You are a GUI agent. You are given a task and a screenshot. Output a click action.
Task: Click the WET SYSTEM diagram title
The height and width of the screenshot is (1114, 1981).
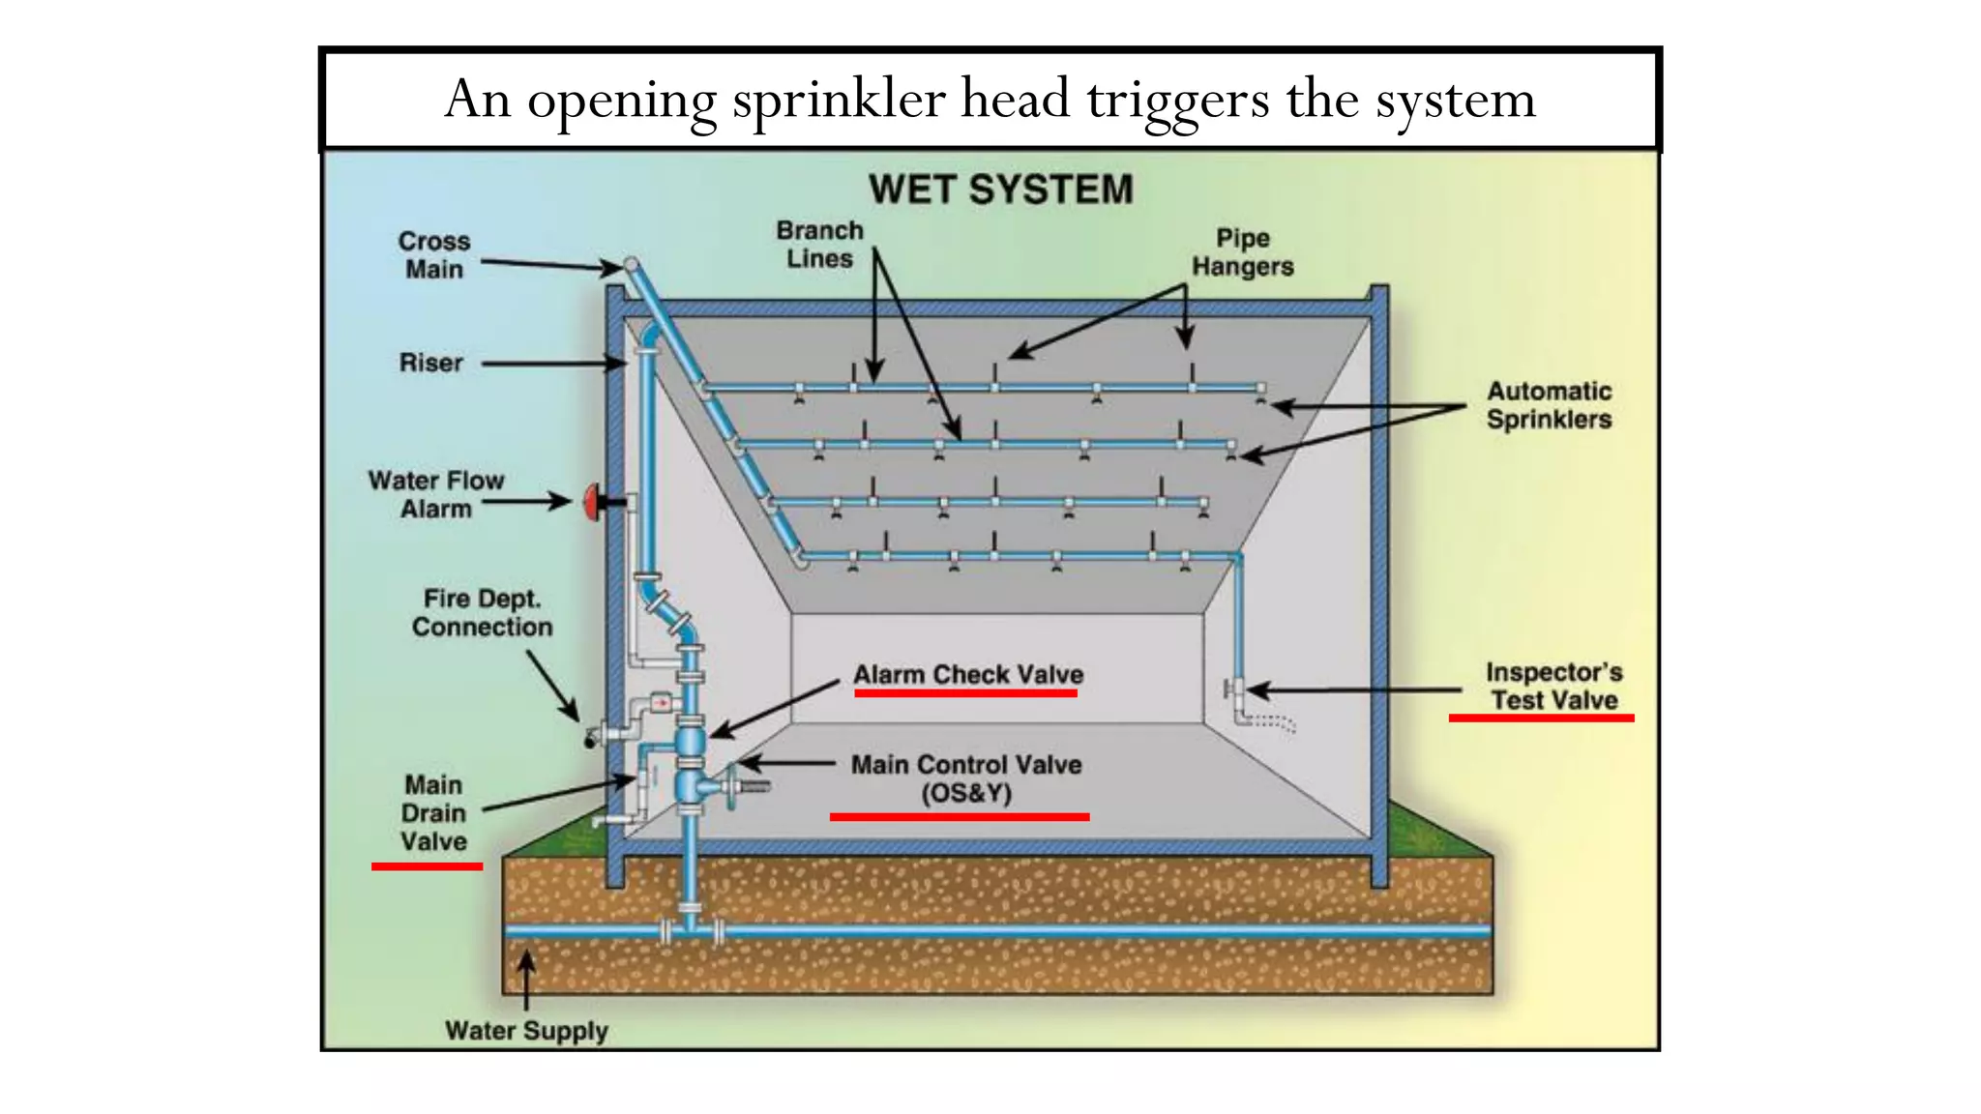tap(1000, 190)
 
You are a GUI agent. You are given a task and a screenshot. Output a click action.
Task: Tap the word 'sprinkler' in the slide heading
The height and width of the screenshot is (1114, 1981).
tap(839, 100)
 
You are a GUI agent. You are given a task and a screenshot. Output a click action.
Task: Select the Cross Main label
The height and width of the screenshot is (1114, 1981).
tap(434, 255)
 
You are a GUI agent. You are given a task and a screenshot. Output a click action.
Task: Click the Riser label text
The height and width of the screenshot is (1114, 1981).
tap(431, 363)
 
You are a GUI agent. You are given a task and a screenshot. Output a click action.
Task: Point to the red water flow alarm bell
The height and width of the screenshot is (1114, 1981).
tap(591, 502)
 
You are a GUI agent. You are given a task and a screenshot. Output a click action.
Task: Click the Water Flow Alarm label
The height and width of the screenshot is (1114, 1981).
tap(436, 495)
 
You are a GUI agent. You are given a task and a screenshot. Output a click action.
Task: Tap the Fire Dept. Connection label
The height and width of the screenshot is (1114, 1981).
tap(482, 613)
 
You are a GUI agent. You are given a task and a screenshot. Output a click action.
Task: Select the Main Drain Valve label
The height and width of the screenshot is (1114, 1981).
tap(433, 813)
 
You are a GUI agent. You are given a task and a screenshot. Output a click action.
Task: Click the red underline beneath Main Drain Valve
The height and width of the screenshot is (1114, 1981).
tap(427, 866)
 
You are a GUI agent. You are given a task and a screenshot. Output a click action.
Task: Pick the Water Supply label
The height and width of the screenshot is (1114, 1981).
tap(526, 1031)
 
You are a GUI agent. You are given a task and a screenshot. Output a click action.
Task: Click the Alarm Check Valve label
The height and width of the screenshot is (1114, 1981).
tap(967, 674)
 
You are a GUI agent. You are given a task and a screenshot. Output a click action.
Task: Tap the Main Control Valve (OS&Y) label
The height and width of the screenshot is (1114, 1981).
tap(965, 778)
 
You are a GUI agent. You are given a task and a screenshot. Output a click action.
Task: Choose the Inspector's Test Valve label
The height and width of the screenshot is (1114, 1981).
tap(1553, 686)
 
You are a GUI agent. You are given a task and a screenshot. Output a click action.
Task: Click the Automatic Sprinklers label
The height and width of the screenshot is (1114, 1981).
tap(1549, 405)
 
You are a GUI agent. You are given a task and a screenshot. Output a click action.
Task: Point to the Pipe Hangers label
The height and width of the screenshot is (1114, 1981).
tap(1242, 252)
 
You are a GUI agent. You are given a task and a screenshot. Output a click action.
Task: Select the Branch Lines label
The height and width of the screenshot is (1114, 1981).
tap(819, 245)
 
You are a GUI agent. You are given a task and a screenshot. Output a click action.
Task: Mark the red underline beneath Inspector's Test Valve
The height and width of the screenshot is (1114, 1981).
tap(1541, 718)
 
